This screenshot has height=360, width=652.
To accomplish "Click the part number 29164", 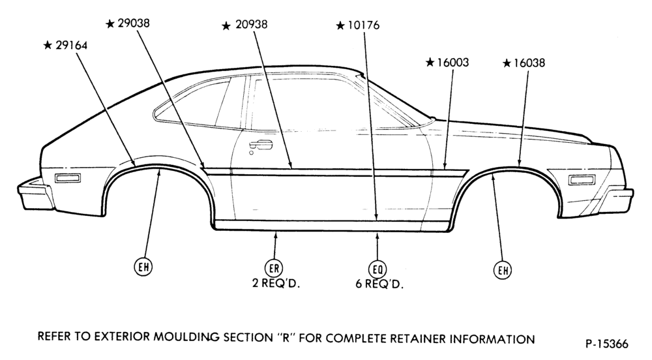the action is click(72, 45).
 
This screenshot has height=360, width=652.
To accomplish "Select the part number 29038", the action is click(134, 23).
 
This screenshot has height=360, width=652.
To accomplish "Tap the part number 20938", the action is click(252, 25).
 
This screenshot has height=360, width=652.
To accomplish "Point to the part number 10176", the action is click(364, 26).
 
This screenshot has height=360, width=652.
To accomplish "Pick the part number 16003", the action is click(453, 63).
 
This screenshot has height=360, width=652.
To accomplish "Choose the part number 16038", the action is click(529, 63).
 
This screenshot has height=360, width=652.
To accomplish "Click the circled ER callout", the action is click(274, 269).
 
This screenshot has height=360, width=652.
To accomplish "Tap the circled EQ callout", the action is click(377, 270).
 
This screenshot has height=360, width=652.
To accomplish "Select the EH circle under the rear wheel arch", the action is click(143, 267).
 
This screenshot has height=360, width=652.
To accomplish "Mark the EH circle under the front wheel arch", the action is click(503, 271).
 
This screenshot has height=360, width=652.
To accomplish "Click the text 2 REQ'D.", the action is click(276, 284).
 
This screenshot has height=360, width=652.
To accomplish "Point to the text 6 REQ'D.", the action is click(379, 285).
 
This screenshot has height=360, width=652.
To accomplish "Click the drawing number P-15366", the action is click(607, 344).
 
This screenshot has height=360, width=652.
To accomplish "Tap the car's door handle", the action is click(261, 145).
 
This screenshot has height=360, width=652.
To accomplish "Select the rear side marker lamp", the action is click(68, 179).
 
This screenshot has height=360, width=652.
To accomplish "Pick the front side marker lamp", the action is click(582, 180).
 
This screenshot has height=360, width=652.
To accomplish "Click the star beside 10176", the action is click(340, 26).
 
